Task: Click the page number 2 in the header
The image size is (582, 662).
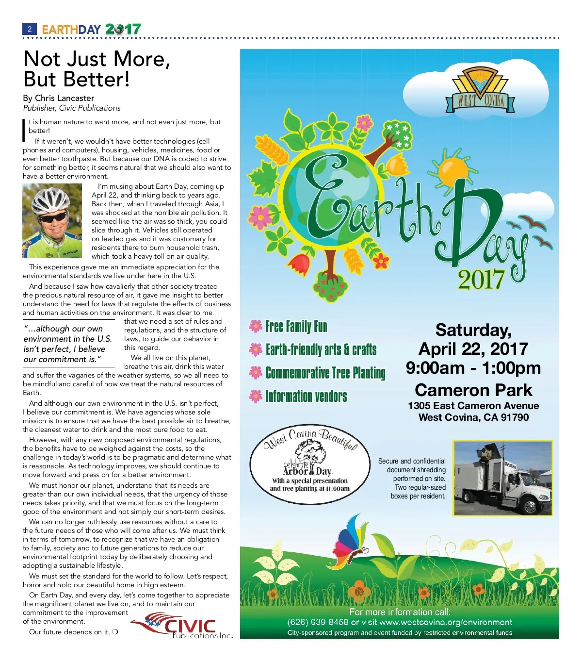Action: point(30,29)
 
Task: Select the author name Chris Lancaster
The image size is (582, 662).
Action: point(65,98)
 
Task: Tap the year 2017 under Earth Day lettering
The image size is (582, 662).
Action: point(481,279)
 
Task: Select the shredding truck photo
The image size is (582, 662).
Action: point(502,478)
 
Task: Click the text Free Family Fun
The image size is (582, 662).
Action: point(296,327)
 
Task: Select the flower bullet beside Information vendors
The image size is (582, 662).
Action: point(256,397)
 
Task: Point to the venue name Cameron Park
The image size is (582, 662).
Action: point(473,390)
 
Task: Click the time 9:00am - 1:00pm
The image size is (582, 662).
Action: point(473,368)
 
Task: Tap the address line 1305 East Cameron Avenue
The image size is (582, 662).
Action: point(473,406)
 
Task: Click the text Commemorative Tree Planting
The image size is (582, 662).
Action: point(325,373)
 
